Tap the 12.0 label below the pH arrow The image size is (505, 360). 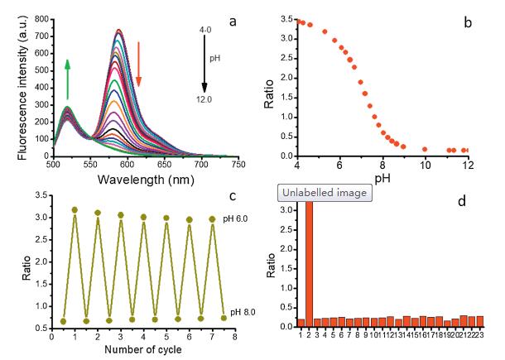(x=204, y=98)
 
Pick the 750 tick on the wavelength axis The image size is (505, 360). (x=238, y=164)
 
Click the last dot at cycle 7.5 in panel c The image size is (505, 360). (x=223, y=318)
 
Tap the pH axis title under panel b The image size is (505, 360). (x=384, y=177)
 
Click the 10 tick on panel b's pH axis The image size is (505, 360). (x=425, y=164)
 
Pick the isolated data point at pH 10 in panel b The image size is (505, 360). (x=425, y=149)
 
